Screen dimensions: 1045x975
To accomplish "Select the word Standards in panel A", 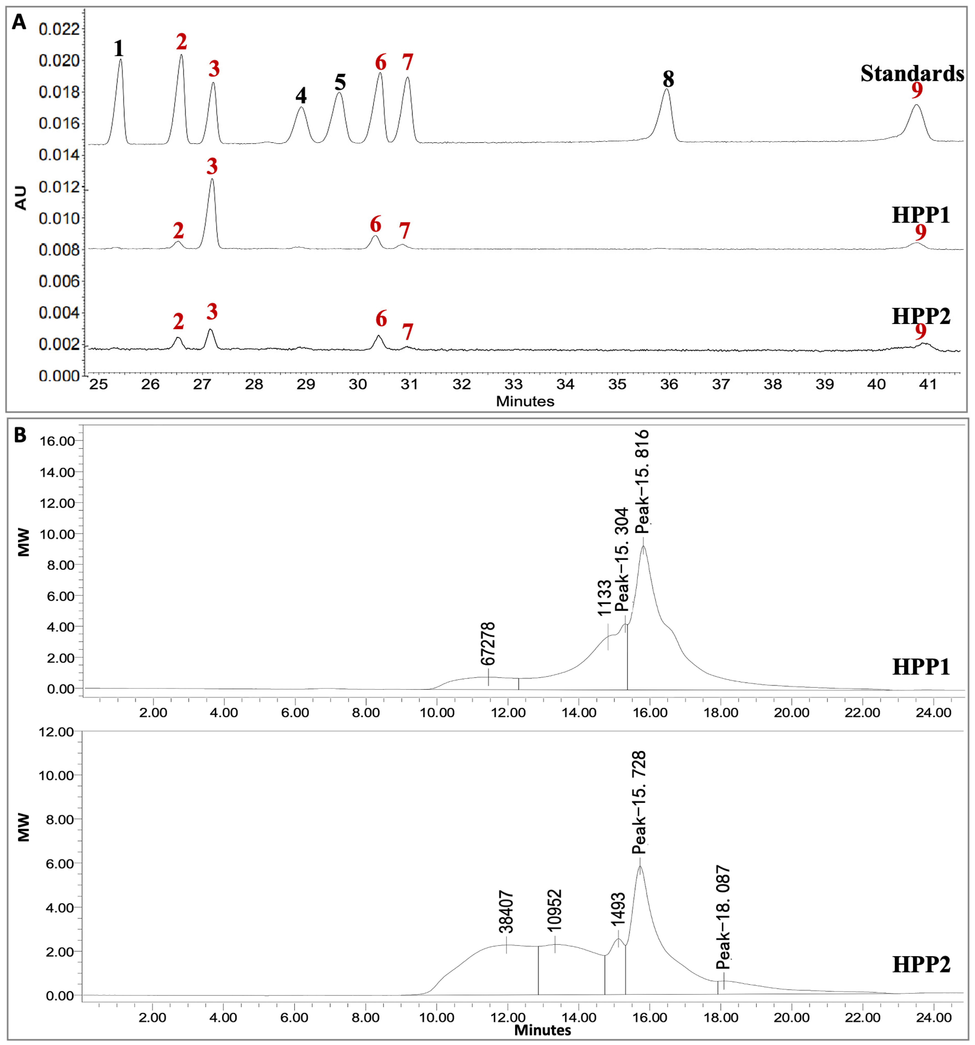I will point(912,74).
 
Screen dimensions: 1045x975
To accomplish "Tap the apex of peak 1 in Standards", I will point(120,60).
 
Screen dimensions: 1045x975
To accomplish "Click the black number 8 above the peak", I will point(668,79).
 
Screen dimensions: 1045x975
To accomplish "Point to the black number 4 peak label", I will point(301,96).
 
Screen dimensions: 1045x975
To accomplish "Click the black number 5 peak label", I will point(340,83).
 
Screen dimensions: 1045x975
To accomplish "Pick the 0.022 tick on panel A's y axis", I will point(59,29).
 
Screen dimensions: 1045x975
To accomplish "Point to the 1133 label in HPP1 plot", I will point(604,598).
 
